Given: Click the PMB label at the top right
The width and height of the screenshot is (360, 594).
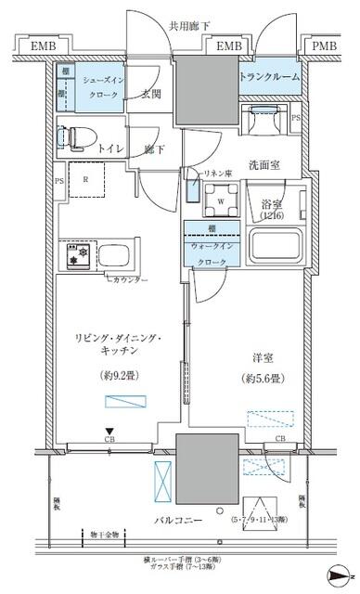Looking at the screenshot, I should [x=325, y=45].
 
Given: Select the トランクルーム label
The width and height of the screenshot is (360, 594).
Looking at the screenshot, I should [x=270, y=77].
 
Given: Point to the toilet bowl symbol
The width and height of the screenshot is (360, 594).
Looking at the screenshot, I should [x=70, y=136].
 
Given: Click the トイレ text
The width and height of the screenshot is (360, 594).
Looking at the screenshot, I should [x=112, y=147].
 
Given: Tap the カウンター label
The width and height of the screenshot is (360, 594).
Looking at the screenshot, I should [x=130, y=279].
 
